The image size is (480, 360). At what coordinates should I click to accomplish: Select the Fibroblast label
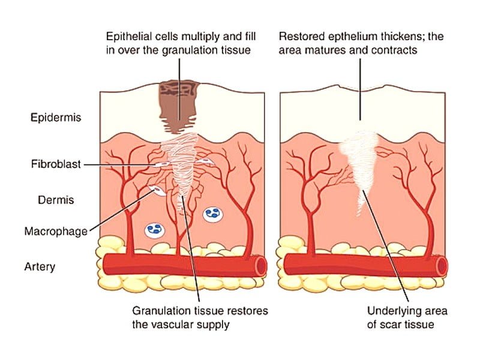(52, 164)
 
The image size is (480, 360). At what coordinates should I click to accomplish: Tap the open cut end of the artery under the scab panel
(261, 264)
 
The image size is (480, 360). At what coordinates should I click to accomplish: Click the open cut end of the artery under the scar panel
(442, 264)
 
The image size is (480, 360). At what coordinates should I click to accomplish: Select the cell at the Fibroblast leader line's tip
(161, 163)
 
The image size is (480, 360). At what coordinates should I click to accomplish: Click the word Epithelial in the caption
(128, 37)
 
